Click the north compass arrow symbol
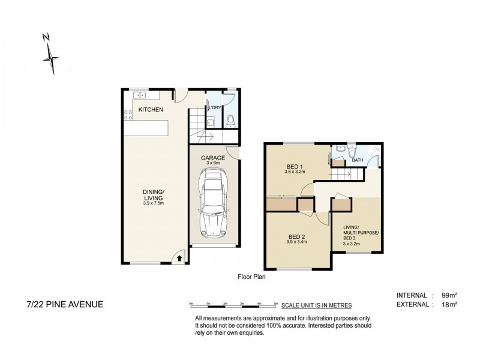click(x=51, y=57)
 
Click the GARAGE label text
click(x=213, y=157)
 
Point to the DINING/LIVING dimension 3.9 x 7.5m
click(x=153, y=204)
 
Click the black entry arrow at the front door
click(x=178, y=257)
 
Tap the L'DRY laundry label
click(x=215, y=108)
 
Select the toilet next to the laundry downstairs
click(x=231, y=121)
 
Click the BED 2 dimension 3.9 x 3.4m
click(x=295, y=242)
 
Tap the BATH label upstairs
click(x=358, y=160)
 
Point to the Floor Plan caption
click(x=251, y=277)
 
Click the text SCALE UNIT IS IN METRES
click(x=316, y=305)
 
